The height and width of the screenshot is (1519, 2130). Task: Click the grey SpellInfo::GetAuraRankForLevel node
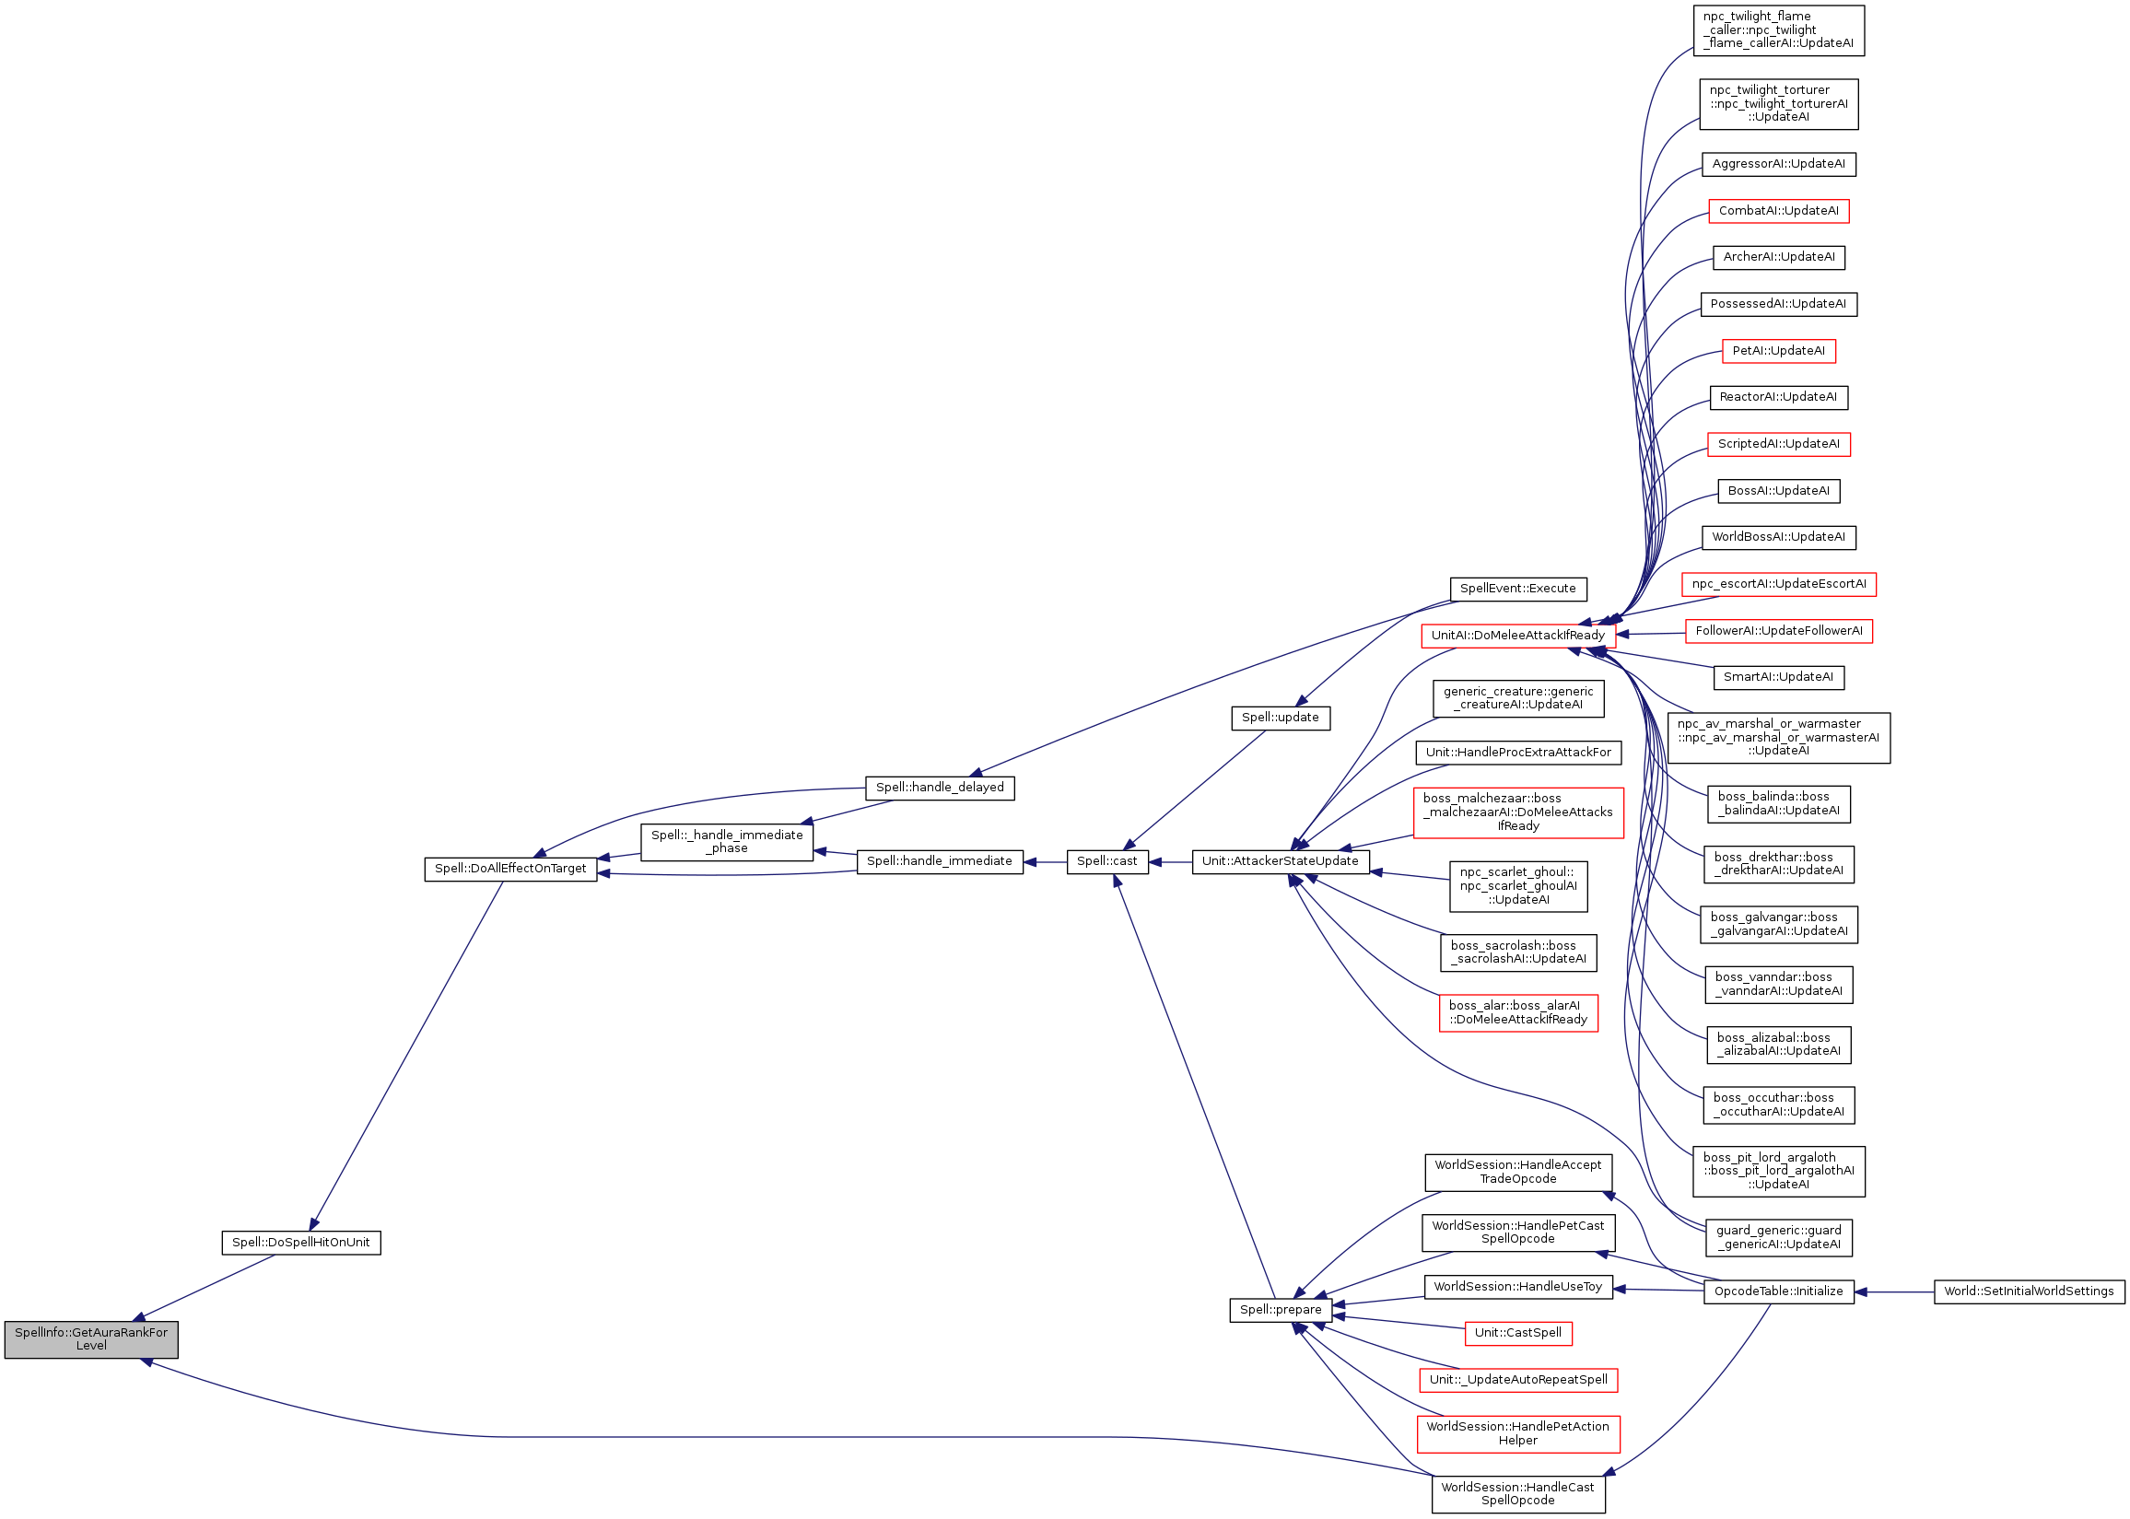click(x=90, y=1338)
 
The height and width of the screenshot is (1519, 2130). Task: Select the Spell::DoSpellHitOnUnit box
click(x=300, y=1242)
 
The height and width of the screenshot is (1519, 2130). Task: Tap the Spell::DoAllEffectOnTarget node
click(x=509, y=868)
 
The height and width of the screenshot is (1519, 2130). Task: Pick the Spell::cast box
click(x=1106, y=861)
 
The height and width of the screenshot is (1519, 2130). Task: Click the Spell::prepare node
click(x=1280, y=1310)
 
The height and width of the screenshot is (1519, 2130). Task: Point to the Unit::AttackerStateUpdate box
click(x=1280, y=861)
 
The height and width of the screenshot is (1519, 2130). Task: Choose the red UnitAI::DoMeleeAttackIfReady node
click(x=1517, y=635)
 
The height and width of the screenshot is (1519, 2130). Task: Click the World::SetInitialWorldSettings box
click(x=2028, y=1291)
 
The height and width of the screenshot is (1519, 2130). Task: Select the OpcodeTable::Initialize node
click(x=1777, y=1291)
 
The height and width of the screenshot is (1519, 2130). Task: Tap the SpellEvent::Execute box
click(x=1517, y=589)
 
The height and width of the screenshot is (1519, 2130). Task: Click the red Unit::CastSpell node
click(x=1517, y=1333)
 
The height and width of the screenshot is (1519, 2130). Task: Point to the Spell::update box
click(x=1280, y=718)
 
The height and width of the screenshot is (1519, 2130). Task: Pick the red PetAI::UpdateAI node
click(x=1778, y=351)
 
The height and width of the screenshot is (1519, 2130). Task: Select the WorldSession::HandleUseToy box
click(x=1517, y=1287)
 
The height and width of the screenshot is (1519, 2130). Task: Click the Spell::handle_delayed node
click(x=939, y=788)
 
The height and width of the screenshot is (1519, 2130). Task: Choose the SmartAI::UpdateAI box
click(x=1778, y=677)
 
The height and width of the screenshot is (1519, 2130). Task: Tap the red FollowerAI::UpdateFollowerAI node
click(x=1778, y=631)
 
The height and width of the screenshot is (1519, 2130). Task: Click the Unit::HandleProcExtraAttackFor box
click(x=1517, y=752)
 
